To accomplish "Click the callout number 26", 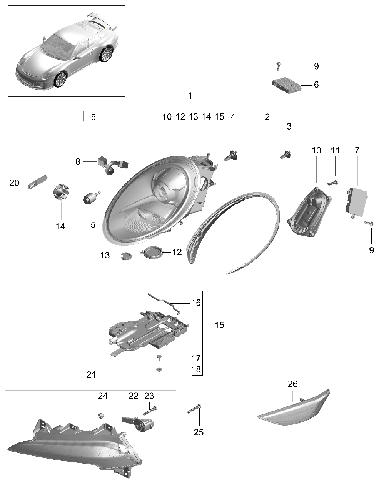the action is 292,384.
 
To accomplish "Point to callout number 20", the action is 14,183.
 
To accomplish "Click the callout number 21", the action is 90,375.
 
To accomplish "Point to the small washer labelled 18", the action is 159,370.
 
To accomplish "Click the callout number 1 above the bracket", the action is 190,96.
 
